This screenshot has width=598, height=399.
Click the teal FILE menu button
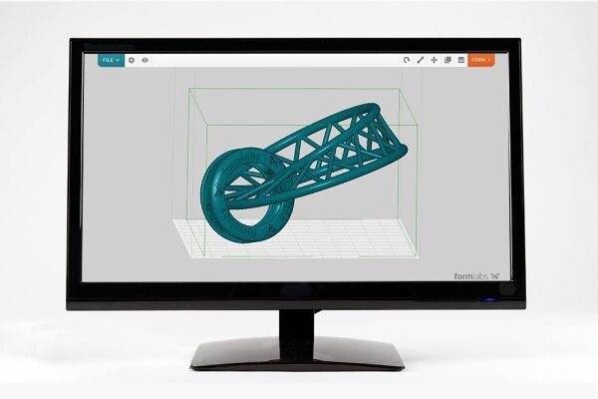[x=111, y=60]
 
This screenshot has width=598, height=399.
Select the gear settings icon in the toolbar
[x=132, y=60]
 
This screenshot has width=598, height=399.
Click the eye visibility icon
[x=145, y=60]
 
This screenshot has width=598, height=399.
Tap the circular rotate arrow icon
[x=407, y=60]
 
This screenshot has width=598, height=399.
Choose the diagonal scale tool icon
[x=421, y=60]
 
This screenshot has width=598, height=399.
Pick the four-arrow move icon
[x=435, y=60]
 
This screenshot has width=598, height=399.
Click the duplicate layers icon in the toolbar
[x=448, y=60]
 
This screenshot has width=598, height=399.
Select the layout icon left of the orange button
[x=460, y=60]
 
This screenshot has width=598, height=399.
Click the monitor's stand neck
[x=298, y=323]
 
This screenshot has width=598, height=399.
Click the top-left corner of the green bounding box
[x=188, y=89]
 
